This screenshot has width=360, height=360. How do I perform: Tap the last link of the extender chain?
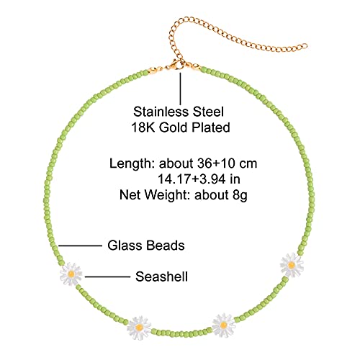coord(304,46)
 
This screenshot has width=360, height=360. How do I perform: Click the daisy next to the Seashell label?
coord(71,274)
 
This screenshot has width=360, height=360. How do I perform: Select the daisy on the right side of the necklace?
coord(292,265)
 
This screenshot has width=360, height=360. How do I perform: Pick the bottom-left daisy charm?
coord(139,328)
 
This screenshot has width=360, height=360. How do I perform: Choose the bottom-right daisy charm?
coord(223,325)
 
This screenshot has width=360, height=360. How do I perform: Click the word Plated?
coord(211,127)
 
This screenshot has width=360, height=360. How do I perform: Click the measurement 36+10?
coord(215,163)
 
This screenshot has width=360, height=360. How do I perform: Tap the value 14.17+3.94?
coord(192,179)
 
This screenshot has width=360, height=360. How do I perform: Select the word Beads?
coord(166,246)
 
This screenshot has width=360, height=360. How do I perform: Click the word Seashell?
coord(161,276)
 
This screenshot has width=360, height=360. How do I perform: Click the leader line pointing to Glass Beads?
coord(81,246)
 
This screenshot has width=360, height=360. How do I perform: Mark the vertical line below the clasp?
coord(180,89)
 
